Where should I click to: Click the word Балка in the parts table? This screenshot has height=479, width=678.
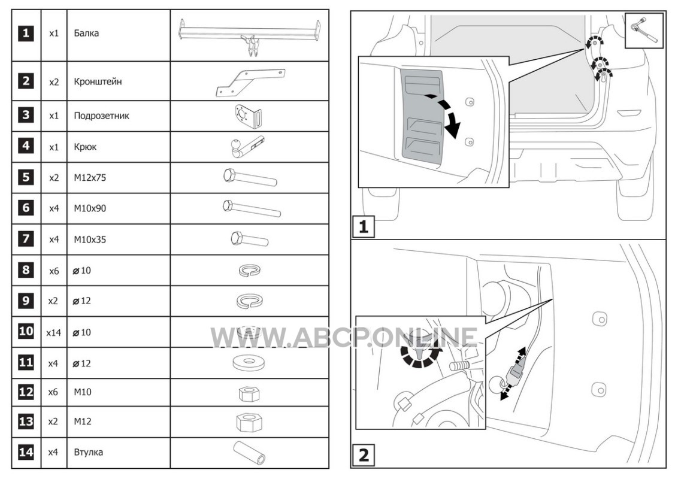coord(86,34)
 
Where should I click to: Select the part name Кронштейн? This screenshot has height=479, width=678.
coord(98,81)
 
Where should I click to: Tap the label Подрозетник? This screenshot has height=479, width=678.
coord(102,116)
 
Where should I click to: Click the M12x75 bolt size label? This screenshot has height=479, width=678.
coord(90,178)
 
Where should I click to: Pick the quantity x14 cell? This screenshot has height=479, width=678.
coord(54,332)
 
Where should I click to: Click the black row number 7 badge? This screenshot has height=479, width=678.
coord(26,239)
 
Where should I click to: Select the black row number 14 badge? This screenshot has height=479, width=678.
coord(26,452)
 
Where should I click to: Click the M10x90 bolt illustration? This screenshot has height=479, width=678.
coord(251,208)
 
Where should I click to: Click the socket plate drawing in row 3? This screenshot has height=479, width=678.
coord(248,116)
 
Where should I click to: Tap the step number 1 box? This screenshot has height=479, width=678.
coord(364,226)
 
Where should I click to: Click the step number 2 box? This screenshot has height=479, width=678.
coord(364,455)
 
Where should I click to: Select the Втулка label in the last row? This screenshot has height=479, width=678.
coord(89,453)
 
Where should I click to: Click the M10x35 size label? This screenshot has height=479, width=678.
coord(90,239)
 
